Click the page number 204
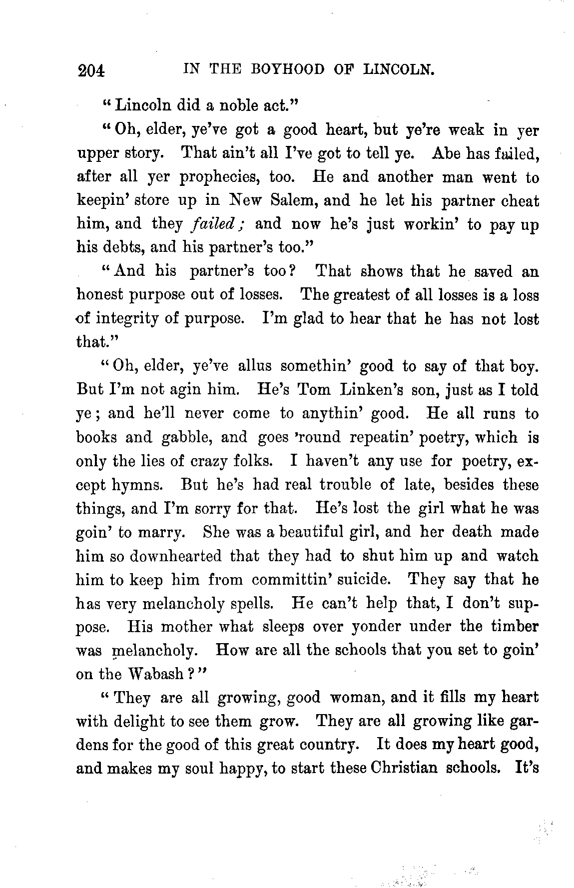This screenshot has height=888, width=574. point(91,70)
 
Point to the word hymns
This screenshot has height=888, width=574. point(139,485)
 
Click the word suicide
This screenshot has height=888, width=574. point(358,580)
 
